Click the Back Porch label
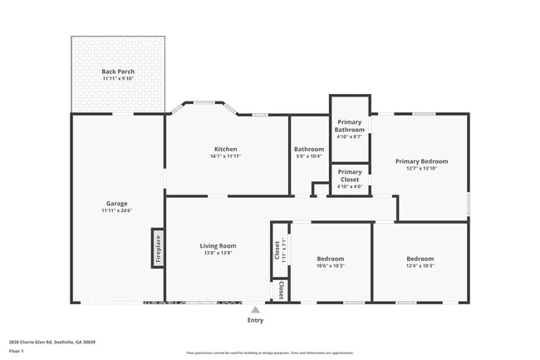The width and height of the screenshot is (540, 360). point(118,72)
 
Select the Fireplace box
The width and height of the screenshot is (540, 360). point(158,249)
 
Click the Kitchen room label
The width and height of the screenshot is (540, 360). point(226,149)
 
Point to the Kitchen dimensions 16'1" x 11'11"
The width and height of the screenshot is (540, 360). point(226,156)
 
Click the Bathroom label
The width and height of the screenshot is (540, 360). point(309,149)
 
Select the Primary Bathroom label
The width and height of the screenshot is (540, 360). point(350,126)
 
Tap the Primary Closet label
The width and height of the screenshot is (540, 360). point(350,175)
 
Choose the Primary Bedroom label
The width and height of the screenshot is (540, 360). point(421,161)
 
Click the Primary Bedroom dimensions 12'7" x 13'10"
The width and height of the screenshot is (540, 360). point(421,169)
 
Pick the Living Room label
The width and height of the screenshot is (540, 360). point(218,245)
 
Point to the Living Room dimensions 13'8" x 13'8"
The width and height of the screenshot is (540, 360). point(218,253)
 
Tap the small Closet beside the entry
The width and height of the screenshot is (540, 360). point(281,290)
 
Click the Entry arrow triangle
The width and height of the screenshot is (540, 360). point(255,309)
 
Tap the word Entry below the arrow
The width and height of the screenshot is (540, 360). point(255,320)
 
